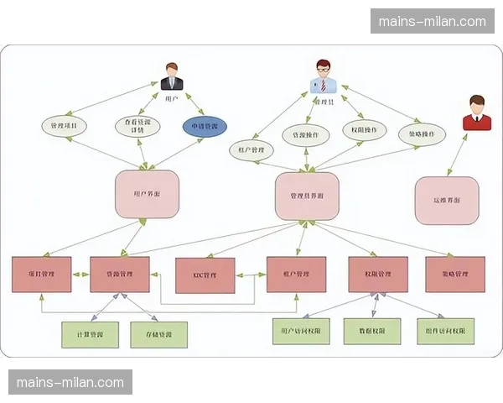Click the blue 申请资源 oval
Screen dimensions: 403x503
click(205, 127)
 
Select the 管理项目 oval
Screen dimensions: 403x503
click(64, 127)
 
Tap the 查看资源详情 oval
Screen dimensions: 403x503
click(136, 126)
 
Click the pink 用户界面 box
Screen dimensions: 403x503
click(147, 194)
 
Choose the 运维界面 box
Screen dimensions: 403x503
click(447, 201)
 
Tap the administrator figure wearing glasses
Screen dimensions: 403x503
click(323, 76)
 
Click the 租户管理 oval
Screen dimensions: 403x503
click(251, 149)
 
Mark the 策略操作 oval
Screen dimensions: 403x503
click(421, 134)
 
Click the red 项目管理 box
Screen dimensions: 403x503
click(42, 275)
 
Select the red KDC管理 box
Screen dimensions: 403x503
click(205, 275)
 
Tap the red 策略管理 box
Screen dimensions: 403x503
click(447, 275)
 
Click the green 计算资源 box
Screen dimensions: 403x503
click(90, 335)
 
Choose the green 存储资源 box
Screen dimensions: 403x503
click(158, 335)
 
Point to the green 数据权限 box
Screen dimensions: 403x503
click(373, 331)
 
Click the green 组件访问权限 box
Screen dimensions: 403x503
click(446, 331)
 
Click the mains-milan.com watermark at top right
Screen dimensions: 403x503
click(433, 21)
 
